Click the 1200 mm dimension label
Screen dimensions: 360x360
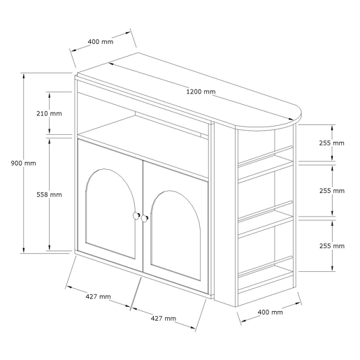pyautogui.click(x=201, y=92)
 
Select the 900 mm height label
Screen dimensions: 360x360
pyautogui.click(x=24, y=163)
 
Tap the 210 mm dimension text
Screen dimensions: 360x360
pyautogui.click(x=49, y=113)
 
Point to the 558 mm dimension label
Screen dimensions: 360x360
pyautogui.click(x=49, y=194)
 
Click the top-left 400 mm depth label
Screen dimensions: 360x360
pyautogui.click(x=101, y=42)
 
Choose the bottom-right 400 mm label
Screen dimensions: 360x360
pyautogui.click(x=271, y=312)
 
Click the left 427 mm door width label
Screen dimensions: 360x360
pyautogui.click(x=99, y=296)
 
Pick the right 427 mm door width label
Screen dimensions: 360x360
pyautogui.click(x=164, y=318)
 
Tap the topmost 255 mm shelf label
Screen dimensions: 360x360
pyautogui.click(x=332, y=143)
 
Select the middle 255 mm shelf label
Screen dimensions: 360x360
pyautogui.click(x=332, y=191)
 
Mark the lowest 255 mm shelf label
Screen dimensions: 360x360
pyautogui.click(x=332, y=246)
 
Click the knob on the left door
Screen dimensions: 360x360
pyautogui.click(x=136, y=215)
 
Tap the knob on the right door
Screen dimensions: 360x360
pyautogui.click(x=145, y=219)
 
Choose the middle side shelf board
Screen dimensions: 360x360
pyautogui.click(x=266, y=222)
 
